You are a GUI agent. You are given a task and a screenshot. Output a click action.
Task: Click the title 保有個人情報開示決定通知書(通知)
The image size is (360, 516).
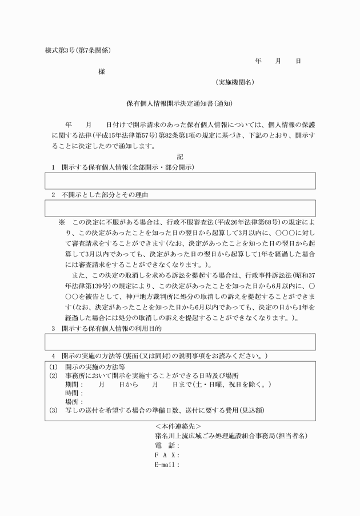coord(179,104)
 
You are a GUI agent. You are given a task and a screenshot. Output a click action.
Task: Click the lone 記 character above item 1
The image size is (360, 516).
coord(180,157)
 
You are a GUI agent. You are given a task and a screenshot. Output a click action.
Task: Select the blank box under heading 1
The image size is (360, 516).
coord(180,181)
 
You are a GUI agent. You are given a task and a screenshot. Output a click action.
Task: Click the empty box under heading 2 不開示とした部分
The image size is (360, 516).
coord(180,208)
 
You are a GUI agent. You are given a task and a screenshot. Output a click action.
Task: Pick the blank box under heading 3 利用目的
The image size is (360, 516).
coord(180,342)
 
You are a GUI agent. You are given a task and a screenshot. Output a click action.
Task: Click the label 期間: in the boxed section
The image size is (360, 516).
coord(75,385)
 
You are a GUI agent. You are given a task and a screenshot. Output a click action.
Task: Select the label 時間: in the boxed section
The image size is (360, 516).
coord(75,394)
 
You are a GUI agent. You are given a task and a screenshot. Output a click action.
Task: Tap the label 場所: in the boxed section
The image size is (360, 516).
coord(75,402)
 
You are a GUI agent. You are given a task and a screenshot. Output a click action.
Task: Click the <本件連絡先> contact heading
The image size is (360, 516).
coord(178,426)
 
